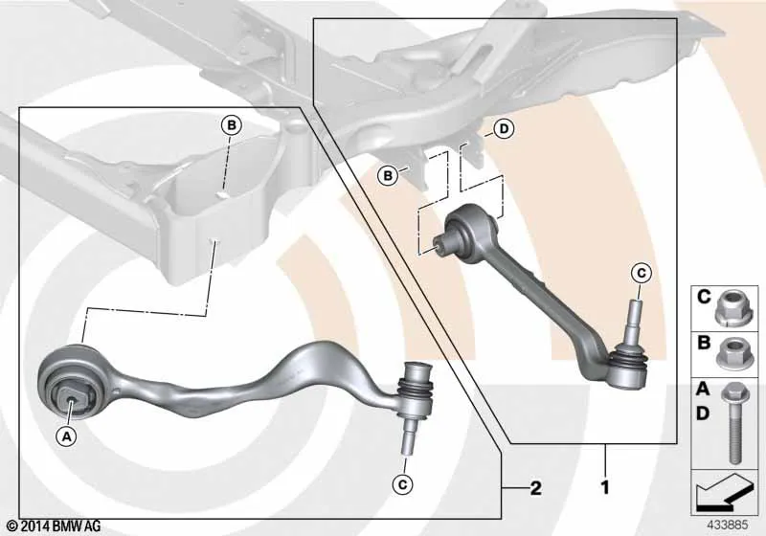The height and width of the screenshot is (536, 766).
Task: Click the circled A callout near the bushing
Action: (66, 436)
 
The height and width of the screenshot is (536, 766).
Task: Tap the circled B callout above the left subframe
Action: (231, 125)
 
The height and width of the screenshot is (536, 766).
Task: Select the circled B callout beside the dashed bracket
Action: (388, 175)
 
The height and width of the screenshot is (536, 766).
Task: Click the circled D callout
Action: (504, 129)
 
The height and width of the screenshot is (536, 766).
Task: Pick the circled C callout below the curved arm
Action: (402, 484)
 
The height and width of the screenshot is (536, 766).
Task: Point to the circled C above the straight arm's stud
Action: (642, 273)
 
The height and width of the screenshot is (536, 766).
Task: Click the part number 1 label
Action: (605, 486)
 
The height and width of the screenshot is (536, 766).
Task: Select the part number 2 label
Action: (536, 488)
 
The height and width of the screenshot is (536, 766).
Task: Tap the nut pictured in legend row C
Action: (730, 307)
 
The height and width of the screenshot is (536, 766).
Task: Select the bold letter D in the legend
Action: (703, 413)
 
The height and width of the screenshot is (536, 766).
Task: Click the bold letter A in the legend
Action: (703, 389)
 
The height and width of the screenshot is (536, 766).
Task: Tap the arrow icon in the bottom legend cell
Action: (725, 493)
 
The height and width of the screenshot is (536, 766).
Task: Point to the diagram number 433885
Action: (728, 525)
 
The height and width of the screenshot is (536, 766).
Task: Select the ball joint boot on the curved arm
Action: (416, 391)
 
